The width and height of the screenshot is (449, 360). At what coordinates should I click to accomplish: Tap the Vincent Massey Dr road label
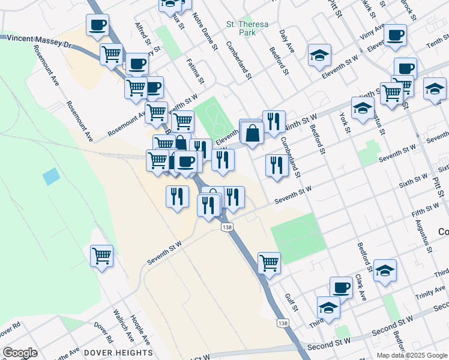click(x=36, y=41)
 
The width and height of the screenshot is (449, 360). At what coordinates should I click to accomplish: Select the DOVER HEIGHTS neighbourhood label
click(x=118, y=352)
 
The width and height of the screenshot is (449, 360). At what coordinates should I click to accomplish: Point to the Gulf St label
click(x=292, y=301)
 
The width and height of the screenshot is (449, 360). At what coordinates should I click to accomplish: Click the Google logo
click(x=20, y=353)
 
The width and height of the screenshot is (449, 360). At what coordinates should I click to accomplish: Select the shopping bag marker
click(x=253, y=134)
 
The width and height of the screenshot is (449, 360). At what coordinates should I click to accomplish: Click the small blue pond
click(x=52, y=176)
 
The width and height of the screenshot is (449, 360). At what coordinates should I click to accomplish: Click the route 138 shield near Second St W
click(x=282, y=323)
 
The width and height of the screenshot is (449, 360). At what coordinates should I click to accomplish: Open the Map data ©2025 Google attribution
click(x=412, y=355)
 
